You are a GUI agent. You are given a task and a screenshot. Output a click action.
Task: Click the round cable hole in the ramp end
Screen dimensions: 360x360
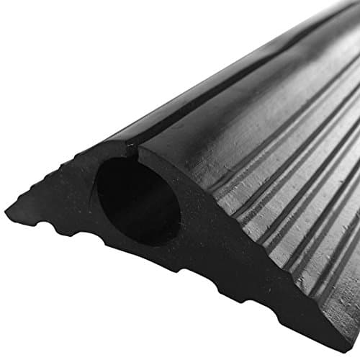click(x=137, y=202)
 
